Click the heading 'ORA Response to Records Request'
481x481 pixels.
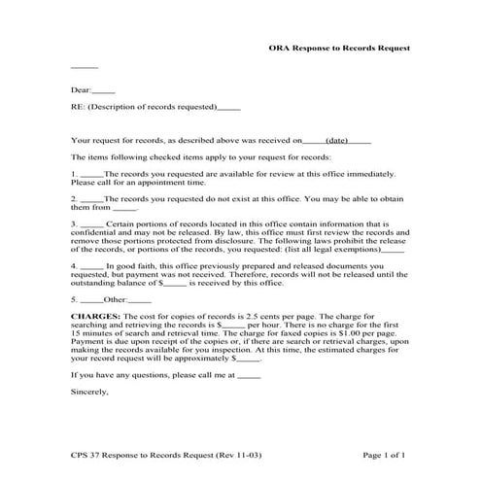(339, 48)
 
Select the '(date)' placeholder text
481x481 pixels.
(337, 140)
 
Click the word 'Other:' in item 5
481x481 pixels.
(115, 299)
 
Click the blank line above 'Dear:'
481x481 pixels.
(85, 66)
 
